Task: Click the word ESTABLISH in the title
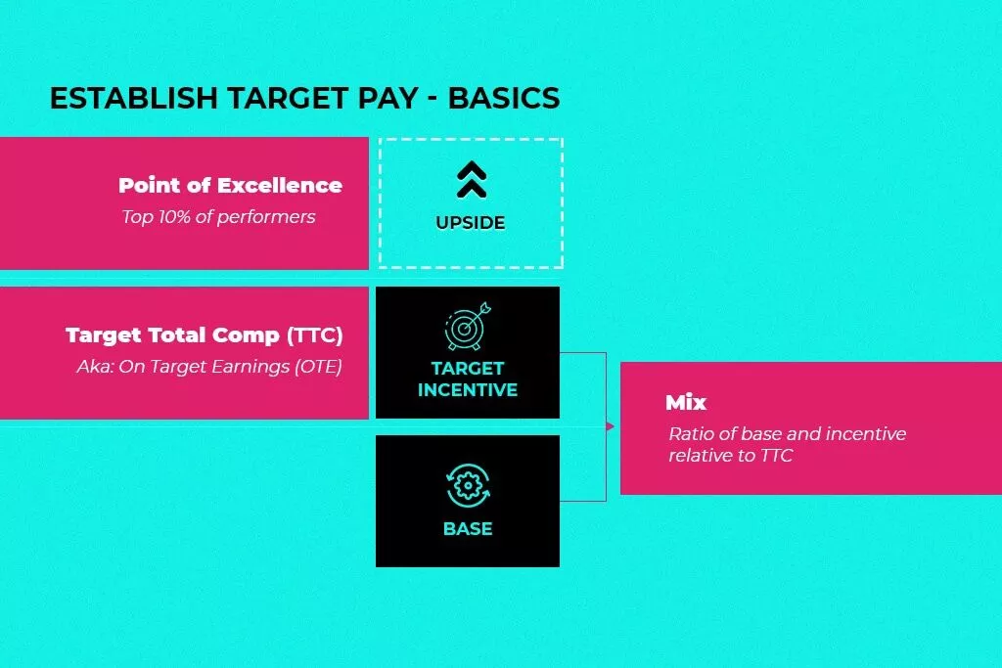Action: pyautogui.click(x=134, y=99)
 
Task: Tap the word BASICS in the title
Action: pyautogui.click(x=504, y=99)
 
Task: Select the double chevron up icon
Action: pyautogui.click(x=472, y=179)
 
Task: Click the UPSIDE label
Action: pyautogui.click(x=471, y=223)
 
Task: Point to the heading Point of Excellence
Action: pyautogui.click(x=231, y=185)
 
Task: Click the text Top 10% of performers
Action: pyautogui.click(x=218, y=217)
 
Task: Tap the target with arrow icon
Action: pyautogui.click(x=468, y=327)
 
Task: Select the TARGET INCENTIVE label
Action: pyautogui.click(x=468, y=379)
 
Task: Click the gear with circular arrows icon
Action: pyautogui.click(x=468, y=486)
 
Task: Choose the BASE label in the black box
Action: pyautogui.click(x=468, y=529)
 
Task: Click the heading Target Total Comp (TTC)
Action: pyautogui.click(x=205, y=335)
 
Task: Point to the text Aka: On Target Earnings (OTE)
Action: pyautogui.click(x=209, y=367)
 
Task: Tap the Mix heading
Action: pyautogui.click(x=686, y=402)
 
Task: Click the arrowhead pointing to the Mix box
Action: pyautogui.click(x=611, y=426)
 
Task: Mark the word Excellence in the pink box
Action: pyautogui.click(x=280, y=185)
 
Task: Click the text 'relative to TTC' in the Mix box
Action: pyautogui.click(x=730, y=456)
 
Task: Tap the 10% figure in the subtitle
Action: pyautogui.click(x=175, y=217)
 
